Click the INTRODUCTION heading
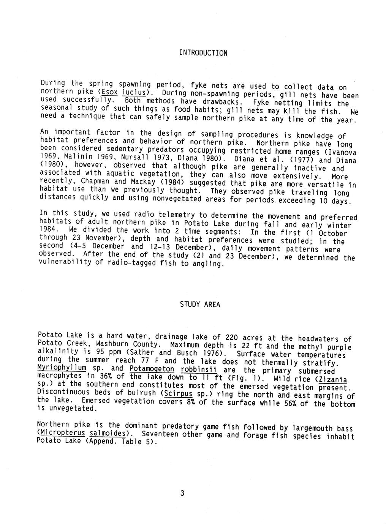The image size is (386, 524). click(x=203, y=53)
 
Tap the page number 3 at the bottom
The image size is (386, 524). click(x=182, y=493)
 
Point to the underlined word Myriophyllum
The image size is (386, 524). click(x=62, y=368)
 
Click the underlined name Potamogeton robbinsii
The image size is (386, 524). click(x=173, y=369)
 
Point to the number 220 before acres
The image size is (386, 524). click(x=232, y=337)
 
